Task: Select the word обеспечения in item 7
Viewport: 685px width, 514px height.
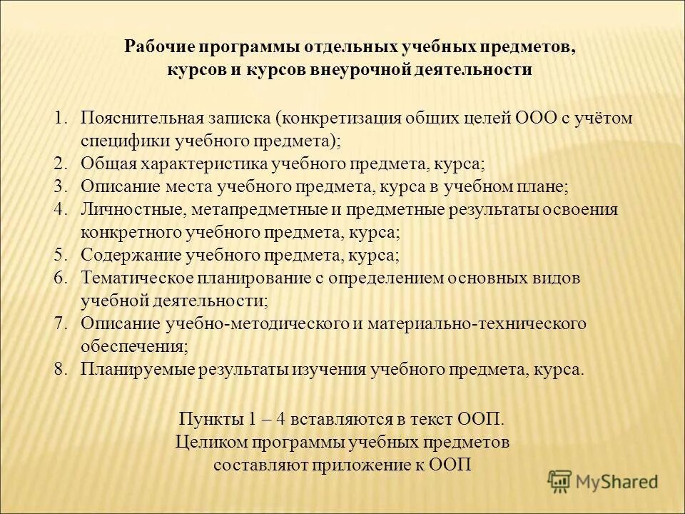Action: [x=134, y=347]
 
